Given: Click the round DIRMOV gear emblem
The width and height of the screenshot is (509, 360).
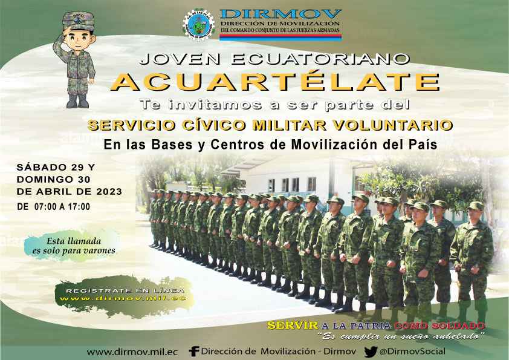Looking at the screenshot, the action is (199, 25).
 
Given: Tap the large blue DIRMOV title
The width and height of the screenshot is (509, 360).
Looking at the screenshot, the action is (280, 15).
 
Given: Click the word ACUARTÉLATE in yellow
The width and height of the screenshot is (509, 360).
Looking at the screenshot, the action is (275, 82).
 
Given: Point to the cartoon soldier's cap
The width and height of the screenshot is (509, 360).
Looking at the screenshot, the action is (79, 21).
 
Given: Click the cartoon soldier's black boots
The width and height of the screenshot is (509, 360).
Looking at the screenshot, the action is (77, 102).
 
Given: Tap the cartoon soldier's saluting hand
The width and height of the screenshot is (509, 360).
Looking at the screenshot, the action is (67, 31).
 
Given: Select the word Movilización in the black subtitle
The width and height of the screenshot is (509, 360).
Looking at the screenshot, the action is (335, 145).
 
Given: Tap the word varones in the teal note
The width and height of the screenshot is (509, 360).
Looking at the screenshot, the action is (99, 250).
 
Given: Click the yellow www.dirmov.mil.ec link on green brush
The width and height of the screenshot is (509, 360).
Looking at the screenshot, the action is (123, 298).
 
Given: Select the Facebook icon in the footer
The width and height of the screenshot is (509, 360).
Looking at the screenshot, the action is (194, 352).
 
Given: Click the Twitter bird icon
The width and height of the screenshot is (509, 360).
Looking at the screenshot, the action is (371, 352).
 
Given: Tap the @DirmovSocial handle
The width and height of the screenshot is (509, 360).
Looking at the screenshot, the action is (412, 352).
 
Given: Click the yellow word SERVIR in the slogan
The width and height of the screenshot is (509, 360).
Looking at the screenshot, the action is (293, 326).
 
